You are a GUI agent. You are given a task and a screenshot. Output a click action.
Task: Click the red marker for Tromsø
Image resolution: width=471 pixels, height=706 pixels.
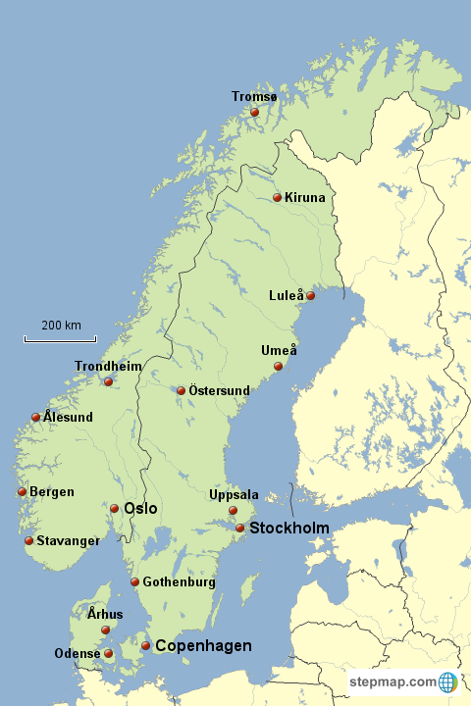tap(254, 113)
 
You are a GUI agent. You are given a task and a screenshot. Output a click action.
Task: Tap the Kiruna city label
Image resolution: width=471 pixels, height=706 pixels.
tap(304, 198)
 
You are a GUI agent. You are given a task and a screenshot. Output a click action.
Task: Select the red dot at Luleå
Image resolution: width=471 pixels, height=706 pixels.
tap(310, 295)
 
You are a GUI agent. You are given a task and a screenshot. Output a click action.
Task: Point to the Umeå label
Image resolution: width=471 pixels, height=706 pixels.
tap(279, 351)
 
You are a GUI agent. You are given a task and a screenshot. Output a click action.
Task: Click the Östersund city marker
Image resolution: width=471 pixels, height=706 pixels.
tap(181, 390)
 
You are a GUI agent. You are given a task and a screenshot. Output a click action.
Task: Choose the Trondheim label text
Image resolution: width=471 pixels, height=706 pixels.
tap(108, 367)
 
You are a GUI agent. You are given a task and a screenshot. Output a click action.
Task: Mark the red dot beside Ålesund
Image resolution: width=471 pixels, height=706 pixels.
tap(36, 417)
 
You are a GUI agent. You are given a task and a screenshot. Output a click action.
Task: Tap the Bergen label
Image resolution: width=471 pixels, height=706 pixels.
tap(52, 492)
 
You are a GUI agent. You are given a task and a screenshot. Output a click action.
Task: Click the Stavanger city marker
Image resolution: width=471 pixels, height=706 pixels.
tap(29, 540)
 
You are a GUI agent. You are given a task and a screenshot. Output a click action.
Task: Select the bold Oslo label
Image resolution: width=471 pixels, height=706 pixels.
tap(140, 509)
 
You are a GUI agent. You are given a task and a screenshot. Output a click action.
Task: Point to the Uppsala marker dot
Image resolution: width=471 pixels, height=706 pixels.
tap(233, 510)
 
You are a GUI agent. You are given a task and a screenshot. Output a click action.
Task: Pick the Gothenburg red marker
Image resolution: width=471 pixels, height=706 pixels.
tap(135, 582)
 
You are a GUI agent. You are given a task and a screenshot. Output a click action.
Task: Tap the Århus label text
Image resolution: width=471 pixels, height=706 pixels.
tap(105, 615)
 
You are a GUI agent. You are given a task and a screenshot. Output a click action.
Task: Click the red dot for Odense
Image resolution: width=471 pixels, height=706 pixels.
tap(109, 653)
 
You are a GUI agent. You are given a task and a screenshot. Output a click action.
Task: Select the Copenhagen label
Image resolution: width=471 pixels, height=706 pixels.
tap(203, 646)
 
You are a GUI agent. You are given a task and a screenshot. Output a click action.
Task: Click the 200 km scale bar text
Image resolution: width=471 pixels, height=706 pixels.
tap(61, 326)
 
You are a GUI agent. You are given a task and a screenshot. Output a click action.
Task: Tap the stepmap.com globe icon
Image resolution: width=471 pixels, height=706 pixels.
tap(448, 681)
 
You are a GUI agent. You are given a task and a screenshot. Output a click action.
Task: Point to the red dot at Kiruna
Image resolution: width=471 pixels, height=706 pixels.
tap(277, 198)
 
